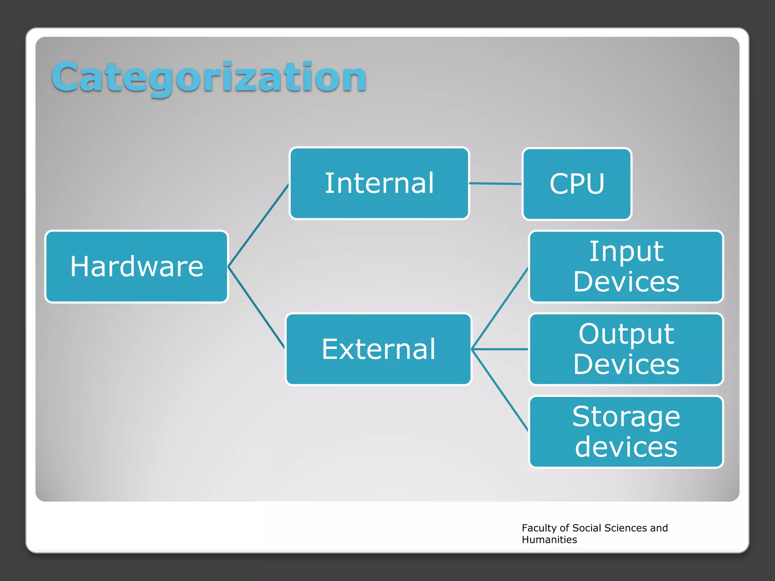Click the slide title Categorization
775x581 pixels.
pos(209,78)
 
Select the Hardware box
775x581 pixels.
pos(137,267)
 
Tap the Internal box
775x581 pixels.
pos(379,183)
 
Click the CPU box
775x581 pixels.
pos(577,184)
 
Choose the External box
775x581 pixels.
pos(378,349)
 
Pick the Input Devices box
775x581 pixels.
pos(626,267)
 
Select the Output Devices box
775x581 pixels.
pos(626,349)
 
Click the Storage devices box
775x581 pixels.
pos(626,432)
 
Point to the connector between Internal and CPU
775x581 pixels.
pos(495,184)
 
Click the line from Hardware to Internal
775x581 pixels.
pos(258,225)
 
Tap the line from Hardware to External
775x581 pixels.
pos(256,308)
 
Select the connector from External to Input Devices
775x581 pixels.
pos(500,308)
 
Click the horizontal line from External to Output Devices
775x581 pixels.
pos(500,349)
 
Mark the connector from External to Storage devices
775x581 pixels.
pos(500,390)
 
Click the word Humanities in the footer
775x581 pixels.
pos(549,540)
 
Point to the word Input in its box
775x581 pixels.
pos(626,252)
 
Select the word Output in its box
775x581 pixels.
pos(626,334)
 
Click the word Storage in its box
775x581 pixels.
pos(626,416)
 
